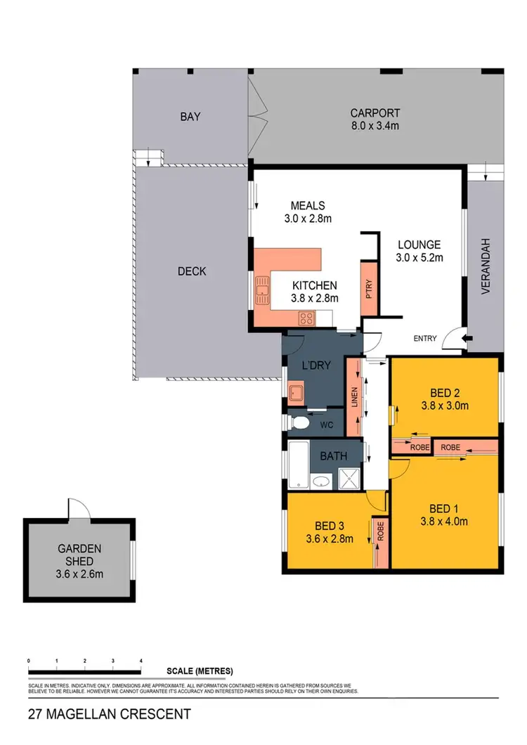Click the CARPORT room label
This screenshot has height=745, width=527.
pos(375,112)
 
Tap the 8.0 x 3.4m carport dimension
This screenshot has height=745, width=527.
pos(375,126)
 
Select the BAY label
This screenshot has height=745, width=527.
pos(189,117)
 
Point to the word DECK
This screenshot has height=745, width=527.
pos(191,271)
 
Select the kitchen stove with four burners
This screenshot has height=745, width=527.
pos(306,318)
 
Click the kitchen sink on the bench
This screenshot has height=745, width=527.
pos(263,289)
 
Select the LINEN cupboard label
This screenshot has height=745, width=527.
pos(355,397)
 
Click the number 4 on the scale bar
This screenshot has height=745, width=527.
pos(141,661)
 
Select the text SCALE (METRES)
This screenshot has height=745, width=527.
pos(200,671)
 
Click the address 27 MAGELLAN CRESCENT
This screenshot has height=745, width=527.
pos(109,715)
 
